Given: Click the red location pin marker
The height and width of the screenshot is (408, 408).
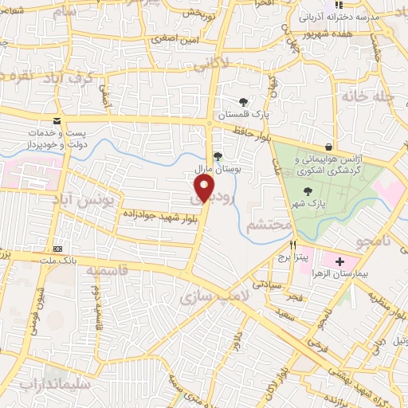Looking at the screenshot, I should tap(205, 189).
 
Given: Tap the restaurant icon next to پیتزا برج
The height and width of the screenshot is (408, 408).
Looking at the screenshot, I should tap(292, 244).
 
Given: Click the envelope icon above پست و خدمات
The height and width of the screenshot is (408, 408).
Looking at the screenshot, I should tap(56, 121).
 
